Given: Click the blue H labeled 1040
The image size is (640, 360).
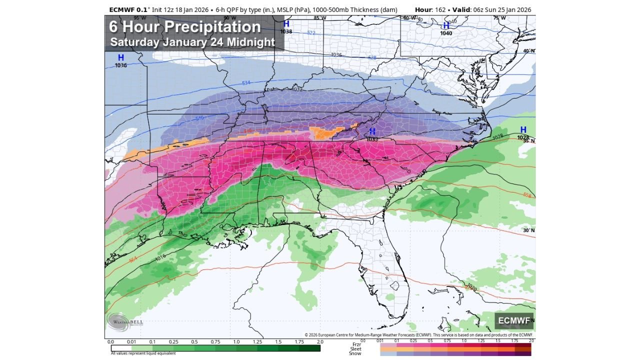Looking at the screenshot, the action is (445, 26).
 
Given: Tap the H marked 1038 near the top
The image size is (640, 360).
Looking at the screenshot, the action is (286, 24).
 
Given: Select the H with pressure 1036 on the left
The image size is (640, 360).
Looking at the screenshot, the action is (120, 58).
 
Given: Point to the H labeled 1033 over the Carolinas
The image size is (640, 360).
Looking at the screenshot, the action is (372, 131).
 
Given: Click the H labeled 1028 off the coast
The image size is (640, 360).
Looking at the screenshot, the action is (523, 130).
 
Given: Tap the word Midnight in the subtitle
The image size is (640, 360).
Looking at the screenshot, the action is (250, 42).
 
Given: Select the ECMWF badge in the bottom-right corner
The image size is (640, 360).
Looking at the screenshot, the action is (514, 320).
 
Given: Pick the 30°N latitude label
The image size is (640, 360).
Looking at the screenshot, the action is (528, 230).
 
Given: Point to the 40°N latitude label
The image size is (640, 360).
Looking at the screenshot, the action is (528, 51).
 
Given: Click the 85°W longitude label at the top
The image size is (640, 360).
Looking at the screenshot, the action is (319, 18).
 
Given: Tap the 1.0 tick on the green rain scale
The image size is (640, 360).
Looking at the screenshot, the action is (236, 342).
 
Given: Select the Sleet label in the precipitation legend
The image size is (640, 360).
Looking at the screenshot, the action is (355, 348).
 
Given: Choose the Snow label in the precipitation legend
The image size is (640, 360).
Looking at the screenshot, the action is (355, 353).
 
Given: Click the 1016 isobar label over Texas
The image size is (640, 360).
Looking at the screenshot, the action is (160, 257).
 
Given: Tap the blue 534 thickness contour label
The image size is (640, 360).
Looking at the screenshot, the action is (246, 82).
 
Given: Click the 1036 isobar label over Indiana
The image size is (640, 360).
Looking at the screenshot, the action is (336, 55).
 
